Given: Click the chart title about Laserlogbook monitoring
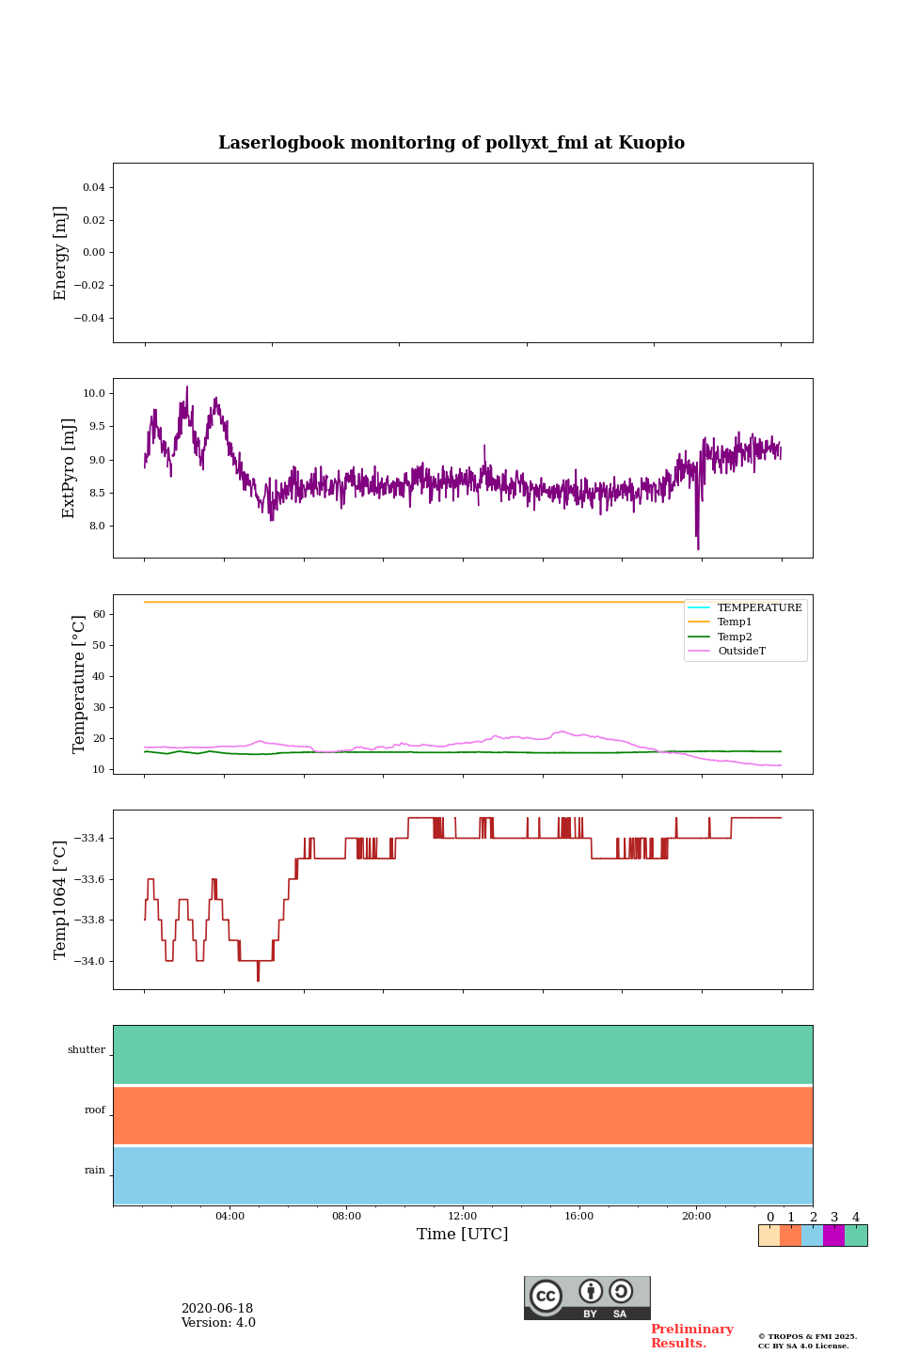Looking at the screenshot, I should [x=451, y=143].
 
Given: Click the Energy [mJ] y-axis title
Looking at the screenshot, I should [x=61, y=253].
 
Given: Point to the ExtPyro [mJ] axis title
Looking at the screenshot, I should [x=69, y=468].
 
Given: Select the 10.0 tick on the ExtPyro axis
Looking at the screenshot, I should [x=94, y=393].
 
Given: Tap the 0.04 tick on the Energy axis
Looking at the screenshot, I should [x=93, y=187].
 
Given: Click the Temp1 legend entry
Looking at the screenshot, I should [x=735, y=622].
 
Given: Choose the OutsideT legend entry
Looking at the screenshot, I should [x=741, y=652].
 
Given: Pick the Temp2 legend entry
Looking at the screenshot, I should [x=735, y=637].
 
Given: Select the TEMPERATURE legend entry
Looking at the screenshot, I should [x=759, y=607].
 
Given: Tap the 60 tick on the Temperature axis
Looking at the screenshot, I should [x=98, y=614].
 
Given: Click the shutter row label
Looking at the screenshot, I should [x=87, y=1050].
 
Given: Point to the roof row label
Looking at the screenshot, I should [x=95, y=1110].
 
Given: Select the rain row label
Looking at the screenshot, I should [x=95, y=1171].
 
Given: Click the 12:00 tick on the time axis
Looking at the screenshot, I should [x=463, y=1217].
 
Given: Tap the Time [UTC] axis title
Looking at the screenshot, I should [x=463, y=1235].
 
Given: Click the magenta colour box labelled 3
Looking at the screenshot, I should [x=833, y=1236].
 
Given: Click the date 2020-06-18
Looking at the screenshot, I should [x=217, y=1309].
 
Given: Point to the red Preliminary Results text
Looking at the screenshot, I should [x=691, y=1336].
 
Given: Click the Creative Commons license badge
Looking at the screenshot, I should [x=587, y=1298].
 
